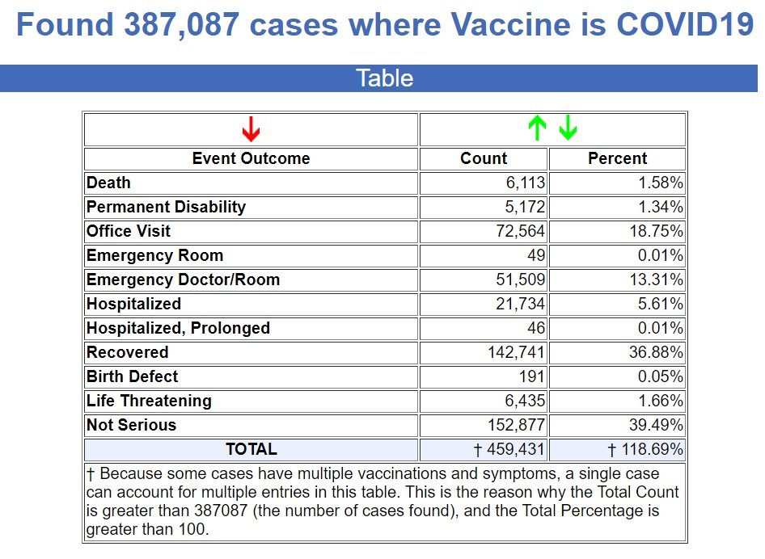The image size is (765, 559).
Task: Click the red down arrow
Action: tap(251, 128)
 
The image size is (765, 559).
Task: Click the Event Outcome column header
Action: tap(251, 158)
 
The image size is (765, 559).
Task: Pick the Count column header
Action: tap(484, 158)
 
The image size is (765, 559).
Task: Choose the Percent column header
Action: tap(617, 158)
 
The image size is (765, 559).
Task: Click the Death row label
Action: tap(108, 183)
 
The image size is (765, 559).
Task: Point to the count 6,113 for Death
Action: tap(526, 183)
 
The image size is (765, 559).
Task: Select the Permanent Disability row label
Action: tap(166, 207)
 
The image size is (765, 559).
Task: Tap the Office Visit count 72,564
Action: tap(521, 231)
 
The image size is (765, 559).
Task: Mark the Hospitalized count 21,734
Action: tap(521, 304)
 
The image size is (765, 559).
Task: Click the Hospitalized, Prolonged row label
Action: tap(178, 328)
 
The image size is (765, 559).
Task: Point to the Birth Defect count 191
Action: tap(532, 376)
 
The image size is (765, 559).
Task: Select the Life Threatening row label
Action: tap(149, 401)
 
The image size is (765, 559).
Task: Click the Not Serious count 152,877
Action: tap(516, 425)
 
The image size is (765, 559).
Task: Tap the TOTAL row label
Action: tap(251, 449)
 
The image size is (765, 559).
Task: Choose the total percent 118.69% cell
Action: tap(646, 449)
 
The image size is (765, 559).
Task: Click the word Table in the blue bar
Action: tap(384, 78)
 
